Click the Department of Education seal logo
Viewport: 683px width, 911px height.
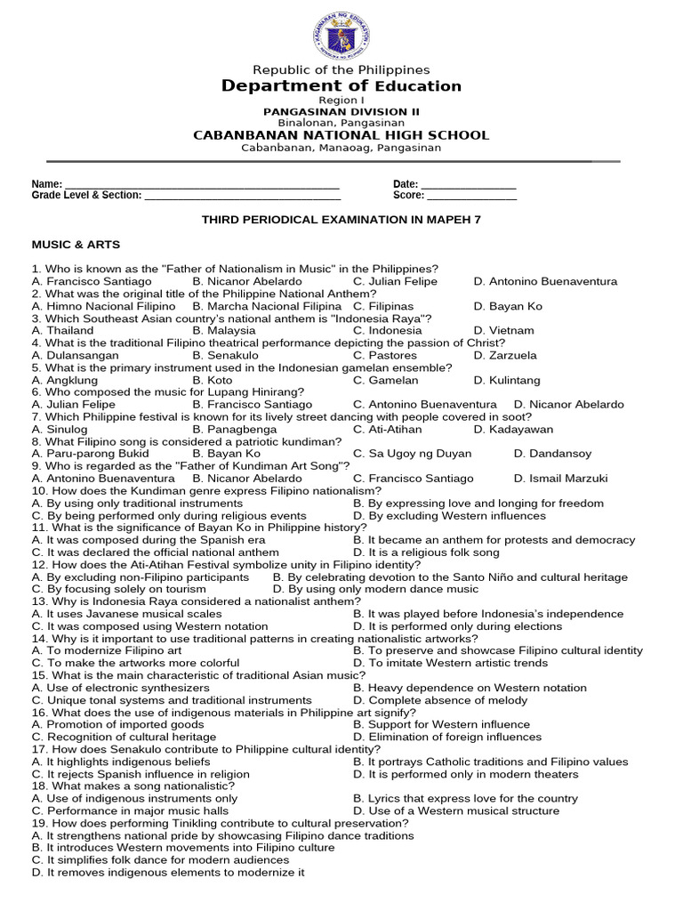[341, 35]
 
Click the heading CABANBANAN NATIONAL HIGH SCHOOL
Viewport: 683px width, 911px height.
[341, 135]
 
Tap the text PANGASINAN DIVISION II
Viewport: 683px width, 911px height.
[341, 111]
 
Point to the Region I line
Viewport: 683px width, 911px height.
[341, 101]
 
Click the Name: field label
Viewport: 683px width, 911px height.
[47, 184]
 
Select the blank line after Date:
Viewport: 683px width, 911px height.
[469, 184]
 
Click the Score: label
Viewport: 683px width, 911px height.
[408, 195]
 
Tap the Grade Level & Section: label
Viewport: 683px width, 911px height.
[86, 195]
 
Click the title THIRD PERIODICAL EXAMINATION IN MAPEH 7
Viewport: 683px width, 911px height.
[341, 219]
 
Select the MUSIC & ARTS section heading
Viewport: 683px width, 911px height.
[76, 244]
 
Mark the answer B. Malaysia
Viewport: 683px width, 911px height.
[223, 330]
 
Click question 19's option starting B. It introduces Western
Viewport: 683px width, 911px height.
[182, 848]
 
